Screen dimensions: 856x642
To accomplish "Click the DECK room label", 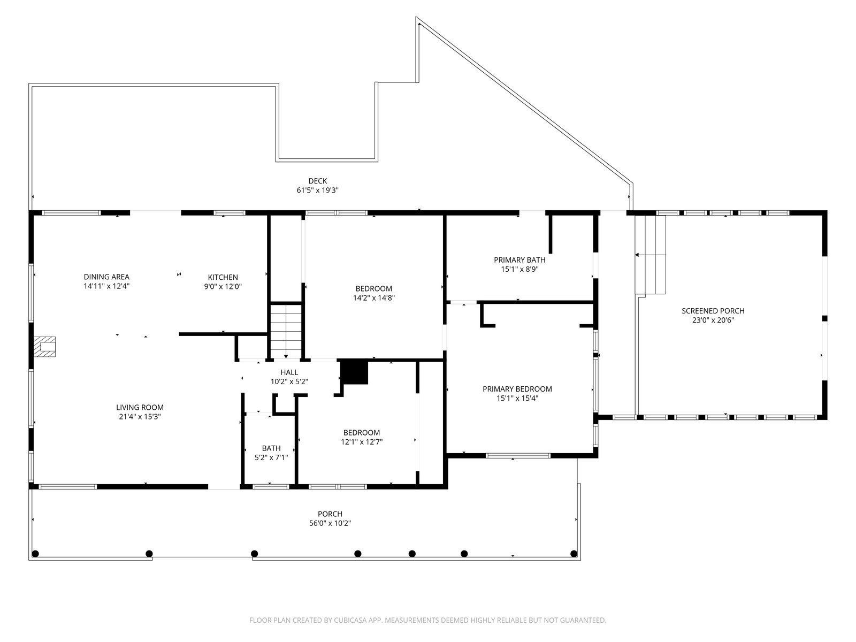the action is (x=317, y=181).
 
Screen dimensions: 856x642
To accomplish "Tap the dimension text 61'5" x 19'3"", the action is (x=317, y=190).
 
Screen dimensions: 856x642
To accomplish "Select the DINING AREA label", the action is (x=106, y=277).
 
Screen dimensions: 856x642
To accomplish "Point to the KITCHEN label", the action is (x=223, y=277).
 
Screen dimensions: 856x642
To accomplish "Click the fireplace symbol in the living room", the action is (x=44, y=347).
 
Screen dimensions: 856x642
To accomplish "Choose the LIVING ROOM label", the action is (x=140, y=407).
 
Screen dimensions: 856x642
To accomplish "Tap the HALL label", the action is (x=289, y=372).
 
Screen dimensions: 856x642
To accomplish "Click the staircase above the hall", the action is (x=286, y=331).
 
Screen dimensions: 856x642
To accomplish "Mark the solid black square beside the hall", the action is (x=354, y=372).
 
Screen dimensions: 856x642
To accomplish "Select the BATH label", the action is (x=271, y=448).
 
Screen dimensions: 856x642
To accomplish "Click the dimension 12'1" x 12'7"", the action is (x=362, y=442).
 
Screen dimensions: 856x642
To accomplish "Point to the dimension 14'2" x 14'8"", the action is (x=373, y=298).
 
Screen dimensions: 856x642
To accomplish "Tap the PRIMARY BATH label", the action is (x=519, y=260).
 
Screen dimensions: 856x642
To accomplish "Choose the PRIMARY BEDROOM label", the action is (x=517, y=389).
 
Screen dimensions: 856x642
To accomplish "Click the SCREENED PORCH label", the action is (x=713, y=311).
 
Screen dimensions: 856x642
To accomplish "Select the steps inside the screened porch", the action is (x=650, y=255).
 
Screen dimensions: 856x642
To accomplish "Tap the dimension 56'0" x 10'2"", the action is (x=330, y=524).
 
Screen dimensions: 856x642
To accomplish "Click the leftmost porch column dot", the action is (x=35, y=554).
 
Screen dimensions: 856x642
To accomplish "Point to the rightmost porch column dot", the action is (x=574, y=554).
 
